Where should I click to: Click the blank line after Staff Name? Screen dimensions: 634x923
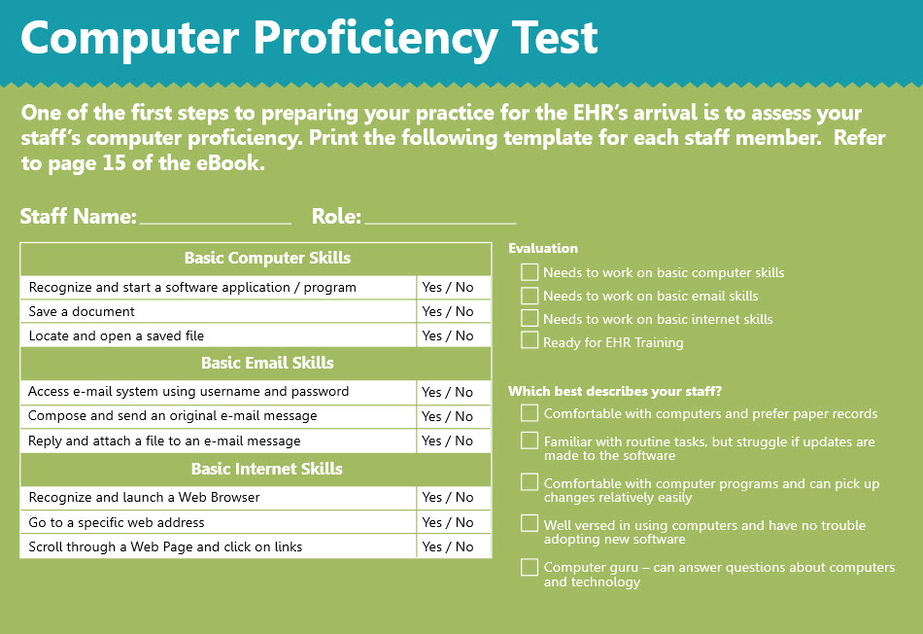click(x=215, y=218)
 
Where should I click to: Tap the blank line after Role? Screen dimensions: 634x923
click(x=440, y=218)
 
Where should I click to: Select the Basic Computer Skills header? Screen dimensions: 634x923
click(x=267, y=259)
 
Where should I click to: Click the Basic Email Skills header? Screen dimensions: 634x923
click(x=267, y=364)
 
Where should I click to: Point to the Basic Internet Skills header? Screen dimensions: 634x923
click(x=267, y=469)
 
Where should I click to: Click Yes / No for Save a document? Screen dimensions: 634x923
click(x=448, y=312)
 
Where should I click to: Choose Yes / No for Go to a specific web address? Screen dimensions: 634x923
click(x=448, y=523)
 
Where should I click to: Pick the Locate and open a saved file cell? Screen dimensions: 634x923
click(x=117, y=336)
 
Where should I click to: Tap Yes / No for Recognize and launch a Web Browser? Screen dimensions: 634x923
click(x=448, y=498)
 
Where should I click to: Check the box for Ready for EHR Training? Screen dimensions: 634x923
click(x=530, y=340)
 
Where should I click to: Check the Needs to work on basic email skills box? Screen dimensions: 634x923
click(x=530, y=295)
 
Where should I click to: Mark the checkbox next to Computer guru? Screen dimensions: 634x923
click(x=530, y=568)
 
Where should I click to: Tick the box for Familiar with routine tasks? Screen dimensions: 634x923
click(x=530, y=440)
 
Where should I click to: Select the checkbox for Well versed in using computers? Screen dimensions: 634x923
click(x=530, y=524)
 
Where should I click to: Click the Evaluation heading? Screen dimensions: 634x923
click(x=543, y=249)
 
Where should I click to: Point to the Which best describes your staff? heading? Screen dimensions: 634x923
click(x=615, y=392)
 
